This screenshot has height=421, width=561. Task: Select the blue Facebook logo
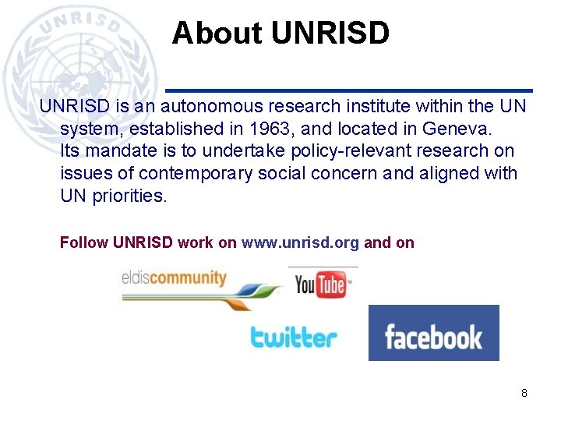pos(433,334)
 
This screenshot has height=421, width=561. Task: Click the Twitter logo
pos(294,337)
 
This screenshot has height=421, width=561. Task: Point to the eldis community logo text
pos(174,278)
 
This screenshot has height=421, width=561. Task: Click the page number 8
pos(524,393)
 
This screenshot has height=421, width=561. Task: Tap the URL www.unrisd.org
pos(300,242)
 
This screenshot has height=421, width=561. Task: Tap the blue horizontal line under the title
pos(350,90)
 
